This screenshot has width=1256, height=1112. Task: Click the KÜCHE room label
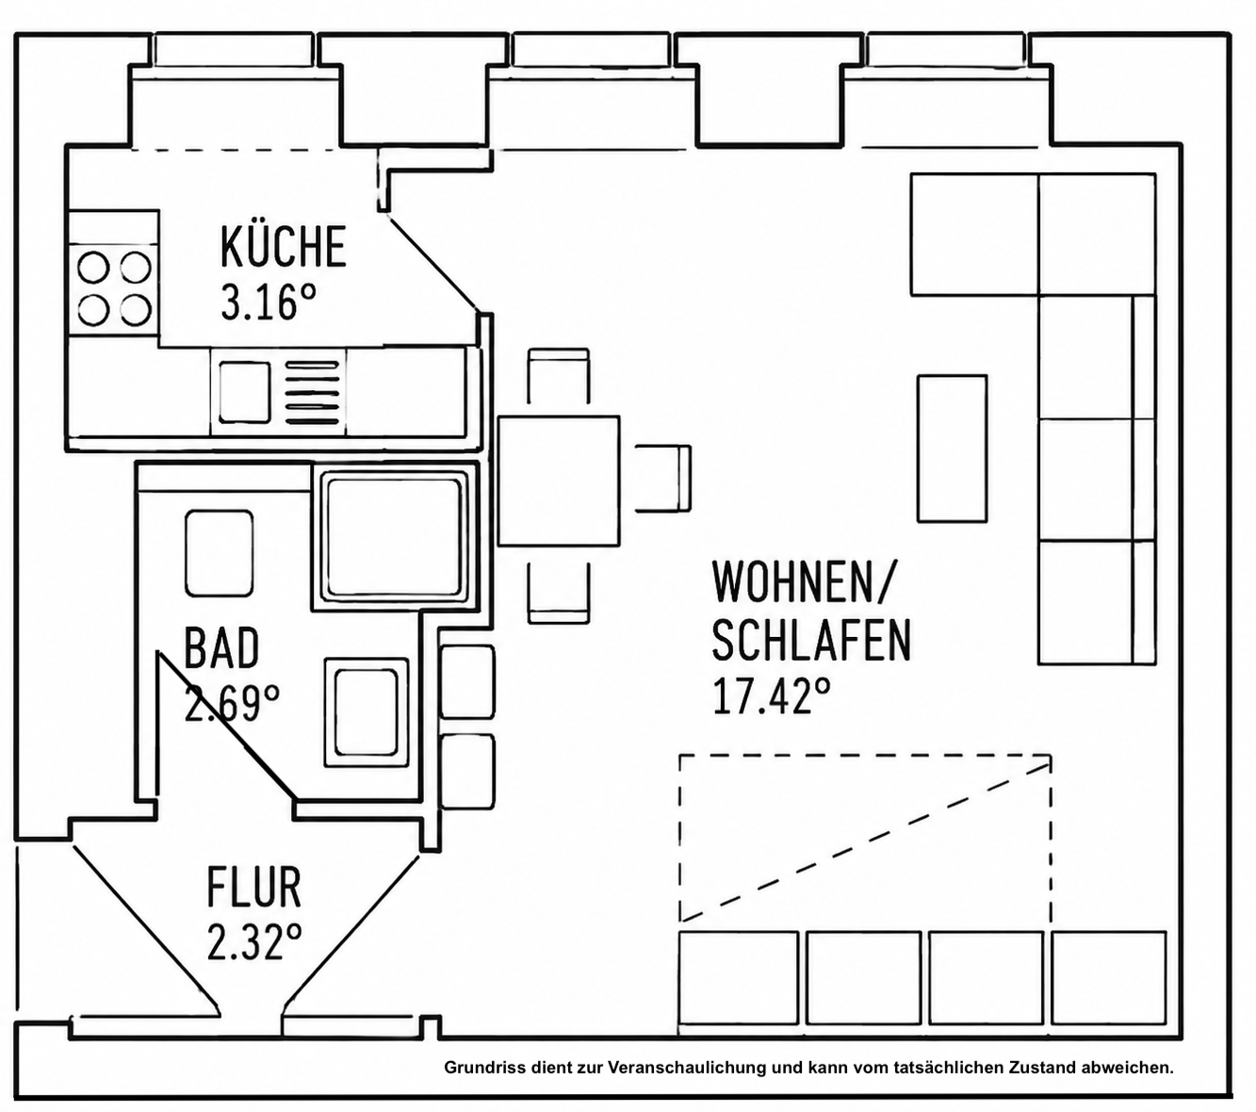tap(284, 247)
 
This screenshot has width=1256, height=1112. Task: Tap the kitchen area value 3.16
tap(269, 303)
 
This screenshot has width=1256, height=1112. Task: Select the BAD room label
tap(221, 647)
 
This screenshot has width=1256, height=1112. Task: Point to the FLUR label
tap(253, 887)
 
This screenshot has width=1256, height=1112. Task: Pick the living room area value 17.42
tap(771, 695)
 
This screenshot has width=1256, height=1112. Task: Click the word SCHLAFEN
tap(811, 640)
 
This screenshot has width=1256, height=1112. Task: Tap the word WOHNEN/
tap(804, 581)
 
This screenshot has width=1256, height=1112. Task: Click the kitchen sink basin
tap(245, 392)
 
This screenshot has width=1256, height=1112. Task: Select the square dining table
tap(558, 481)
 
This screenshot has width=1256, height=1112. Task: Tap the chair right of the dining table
tap(662, 478)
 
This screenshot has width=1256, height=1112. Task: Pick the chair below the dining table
tap(558, 591)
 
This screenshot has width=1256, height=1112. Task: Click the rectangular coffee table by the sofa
tap(952, 449)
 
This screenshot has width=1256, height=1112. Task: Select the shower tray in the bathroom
tap(395, 536)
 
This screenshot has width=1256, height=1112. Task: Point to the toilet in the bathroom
tap(219, 553)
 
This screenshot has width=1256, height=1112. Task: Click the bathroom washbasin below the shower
tap(366, 712)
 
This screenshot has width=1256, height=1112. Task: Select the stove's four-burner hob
tap(114, 289)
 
